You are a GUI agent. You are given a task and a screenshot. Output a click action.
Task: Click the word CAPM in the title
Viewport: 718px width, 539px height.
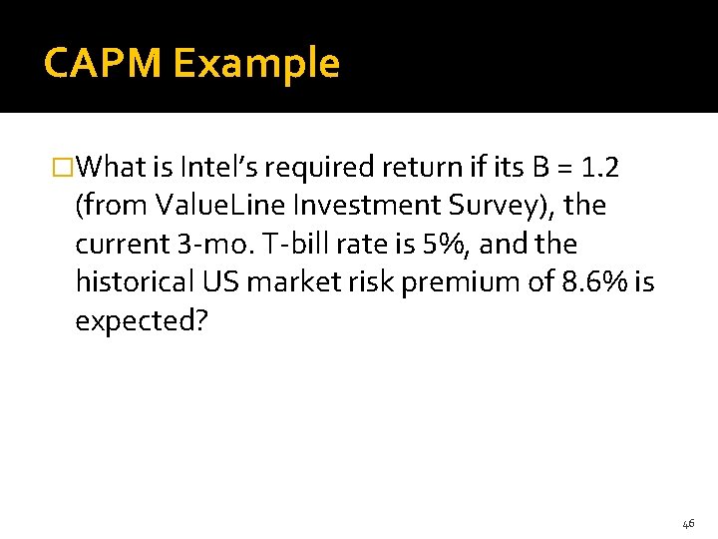click(103, 64)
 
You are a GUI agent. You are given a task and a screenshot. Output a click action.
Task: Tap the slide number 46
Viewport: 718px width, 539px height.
click(688, 523)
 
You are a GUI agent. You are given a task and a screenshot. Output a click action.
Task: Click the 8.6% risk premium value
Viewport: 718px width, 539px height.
click(592, 282)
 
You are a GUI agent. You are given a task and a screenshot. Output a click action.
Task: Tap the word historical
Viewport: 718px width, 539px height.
click(137, 282)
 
